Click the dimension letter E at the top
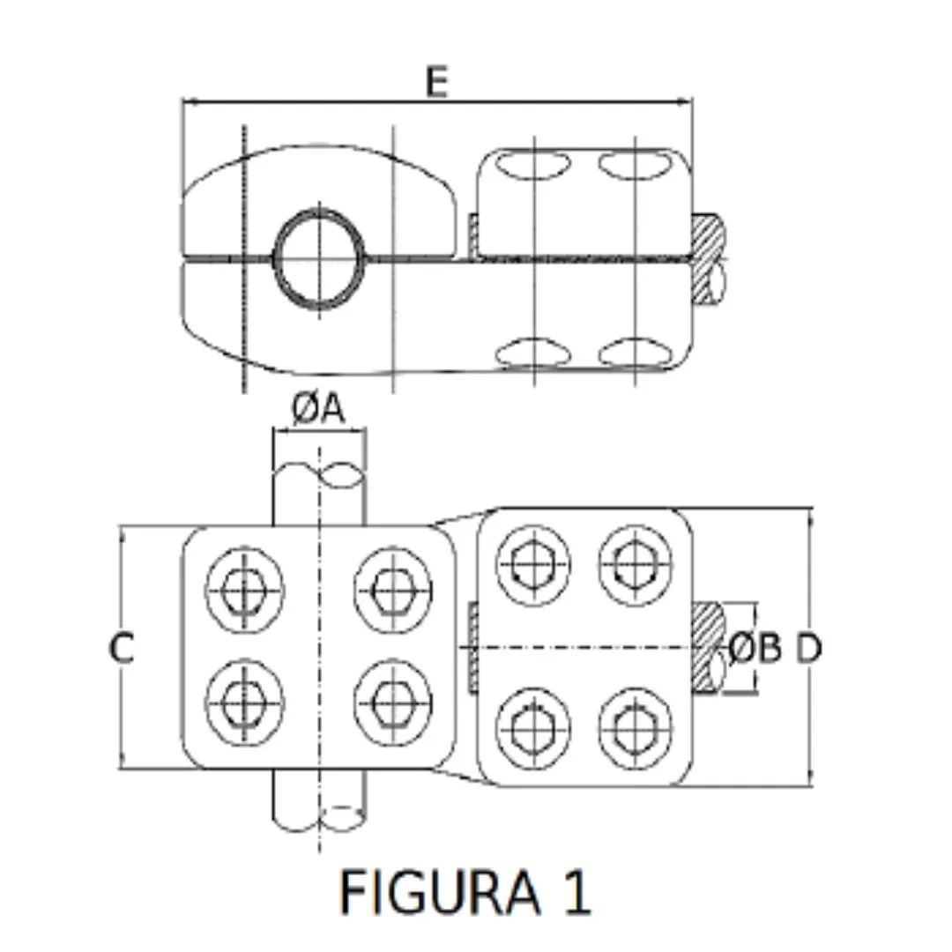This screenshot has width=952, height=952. [x=436, y=82]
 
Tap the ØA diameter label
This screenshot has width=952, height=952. [x=318, y=409]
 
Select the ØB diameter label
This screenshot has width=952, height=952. [x=755, y=650]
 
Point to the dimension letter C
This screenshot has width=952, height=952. [x=122, y=649]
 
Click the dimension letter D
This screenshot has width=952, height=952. [x=809, y=650]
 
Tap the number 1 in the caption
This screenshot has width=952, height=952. [x=576, y=892]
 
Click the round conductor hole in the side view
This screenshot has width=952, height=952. [x=319, y=259]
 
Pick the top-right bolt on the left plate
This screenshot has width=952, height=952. [x=392, y=588]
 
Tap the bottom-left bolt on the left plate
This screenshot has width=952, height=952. [x=244, y=702]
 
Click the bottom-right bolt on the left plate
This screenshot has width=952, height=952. [x=392, y=702]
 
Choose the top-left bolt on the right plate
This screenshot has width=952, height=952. [x=533, y=565]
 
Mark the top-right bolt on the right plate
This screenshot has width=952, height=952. [x=636, y=565]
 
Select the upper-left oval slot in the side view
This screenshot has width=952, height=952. [x=534, y=164]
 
